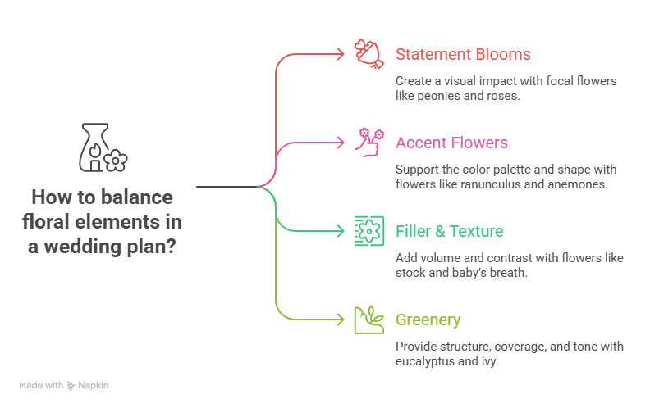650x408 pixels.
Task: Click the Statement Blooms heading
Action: (463, 55)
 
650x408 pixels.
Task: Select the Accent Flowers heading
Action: (451, 143)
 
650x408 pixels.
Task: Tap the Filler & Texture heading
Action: (449, 231)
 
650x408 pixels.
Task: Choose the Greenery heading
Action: (428, 320)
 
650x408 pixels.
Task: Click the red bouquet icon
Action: (368, 53)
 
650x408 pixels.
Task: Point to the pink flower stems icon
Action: (368, 141)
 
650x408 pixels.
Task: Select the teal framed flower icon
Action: (368, 230)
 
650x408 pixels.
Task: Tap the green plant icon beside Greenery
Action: (368, 319)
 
